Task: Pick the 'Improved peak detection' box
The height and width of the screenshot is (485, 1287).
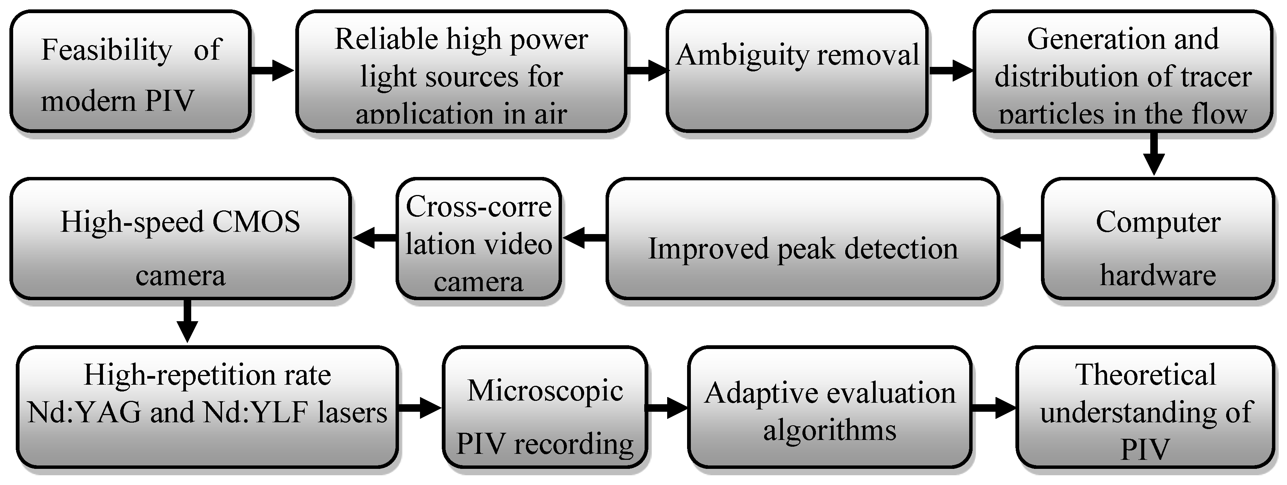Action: (803, 239)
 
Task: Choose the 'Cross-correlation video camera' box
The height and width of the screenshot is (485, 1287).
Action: (479, 239)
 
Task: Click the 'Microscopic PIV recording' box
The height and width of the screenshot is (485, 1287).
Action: (545, 408)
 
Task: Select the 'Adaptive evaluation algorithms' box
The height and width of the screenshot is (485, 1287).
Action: (830, 408)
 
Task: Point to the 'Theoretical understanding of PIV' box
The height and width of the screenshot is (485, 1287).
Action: (1145, 408)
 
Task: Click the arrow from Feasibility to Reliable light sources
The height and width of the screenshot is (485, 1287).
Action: (272, 70)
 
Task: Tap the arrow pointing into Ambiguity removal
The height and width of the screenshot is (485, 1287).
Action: (647, 70)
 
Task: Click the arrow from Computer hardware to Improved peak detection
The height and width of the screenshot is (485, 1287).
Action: (1020, 239)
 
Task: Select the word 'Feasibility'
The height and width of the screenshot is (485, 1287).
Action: (106, 50)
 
